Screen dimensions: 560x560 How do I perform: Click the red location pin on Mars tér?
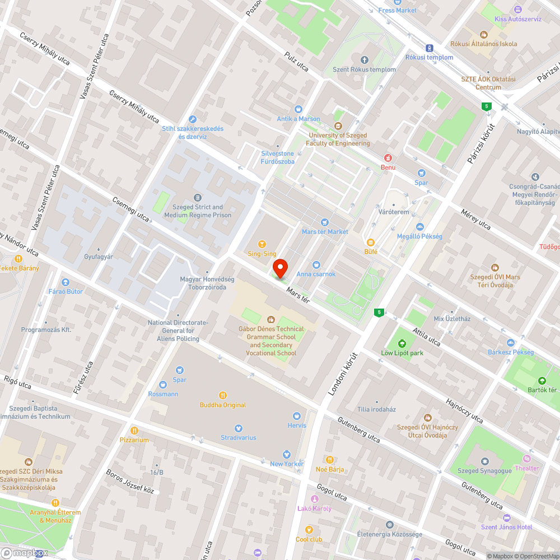[x=280, y=269]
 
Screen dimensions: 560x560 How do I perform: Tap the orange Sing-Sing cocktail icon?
[x=262, y=244]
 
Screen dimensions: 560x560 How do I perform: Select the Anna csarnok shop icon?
[x=316, y=264]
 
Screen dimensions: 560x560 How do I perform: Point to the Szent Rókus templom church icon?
[x=365, y=60]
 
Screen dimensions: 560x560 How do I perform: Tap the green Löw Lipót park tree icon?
[x=401, y=343]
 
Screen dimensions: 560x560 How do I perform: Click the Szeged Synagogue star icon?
[x=484, y=461]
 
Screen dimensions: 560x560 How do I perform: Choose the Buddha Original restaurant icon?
[x=223, y=395]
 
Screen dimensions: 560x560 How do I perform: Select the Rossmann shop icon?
[x=163, y=384]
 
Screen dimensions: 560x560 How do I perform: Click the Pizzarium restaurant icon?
[x=134, y=430]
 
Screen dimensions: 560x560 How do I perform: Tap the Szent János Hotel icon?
[x=507, y=517]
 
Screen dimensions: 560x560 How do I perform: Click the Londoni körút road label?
[x=342, y=375]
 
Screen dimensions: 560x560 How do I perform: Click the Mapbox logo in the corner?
[x=25, y=552]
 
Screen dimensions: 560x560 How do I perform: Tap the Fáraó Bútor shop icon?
[x=66, y=282]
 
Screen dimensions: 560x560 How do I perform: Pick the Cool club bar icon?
[x=309, y=530]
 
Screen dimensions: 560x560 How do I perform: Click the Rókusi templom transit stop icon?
[x=429, y=48]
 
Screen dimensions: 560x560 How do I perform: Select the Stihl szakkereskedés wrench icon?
[x=193, y=119]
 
